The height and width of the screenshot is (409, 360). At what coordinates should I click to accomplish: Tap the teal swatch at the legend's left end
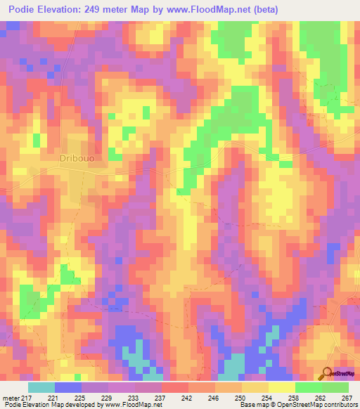click(x=41, y=387)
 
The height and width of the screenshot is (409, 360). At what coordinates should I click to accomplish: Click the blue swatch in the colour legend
click(x=68, y=387)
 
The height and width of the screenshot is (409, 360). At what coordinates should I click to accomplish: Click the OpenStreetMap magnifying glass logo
click(x=326, y=375)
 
